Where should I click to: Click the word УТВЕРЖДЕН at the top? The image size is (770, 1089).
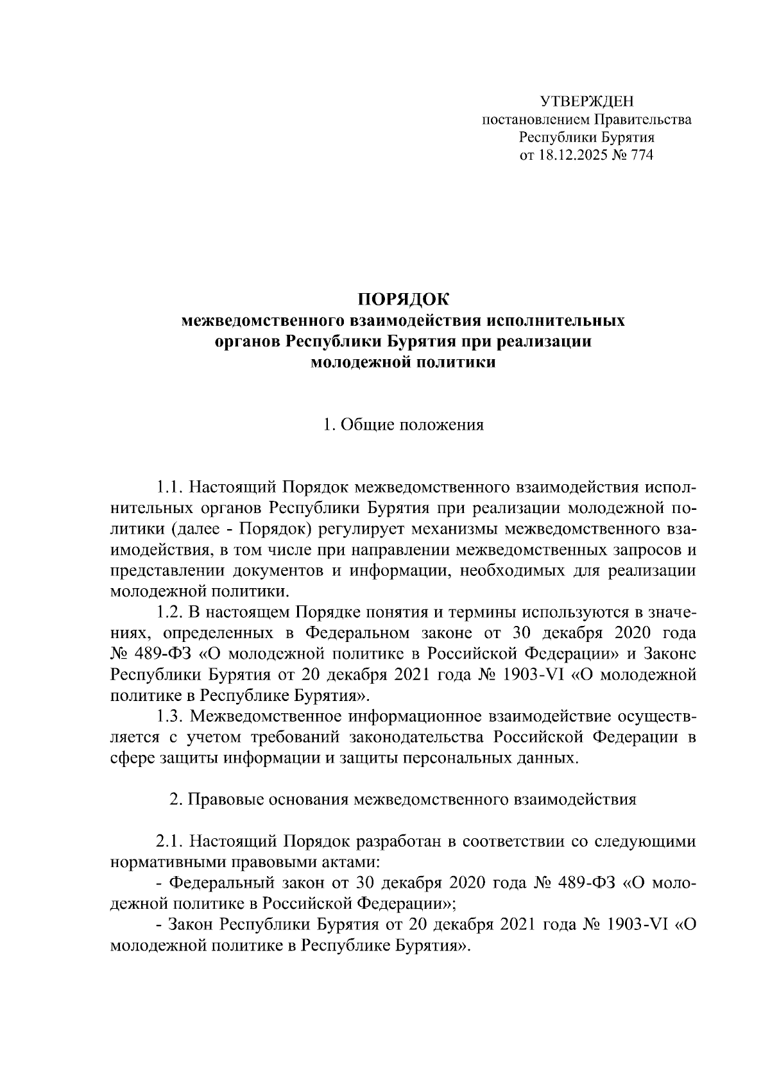point(586,101)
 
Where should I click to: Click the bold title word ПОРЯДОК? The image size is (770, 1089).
point(404,299)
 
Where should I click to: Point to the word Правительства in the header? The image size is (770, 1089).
point(643,119)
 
